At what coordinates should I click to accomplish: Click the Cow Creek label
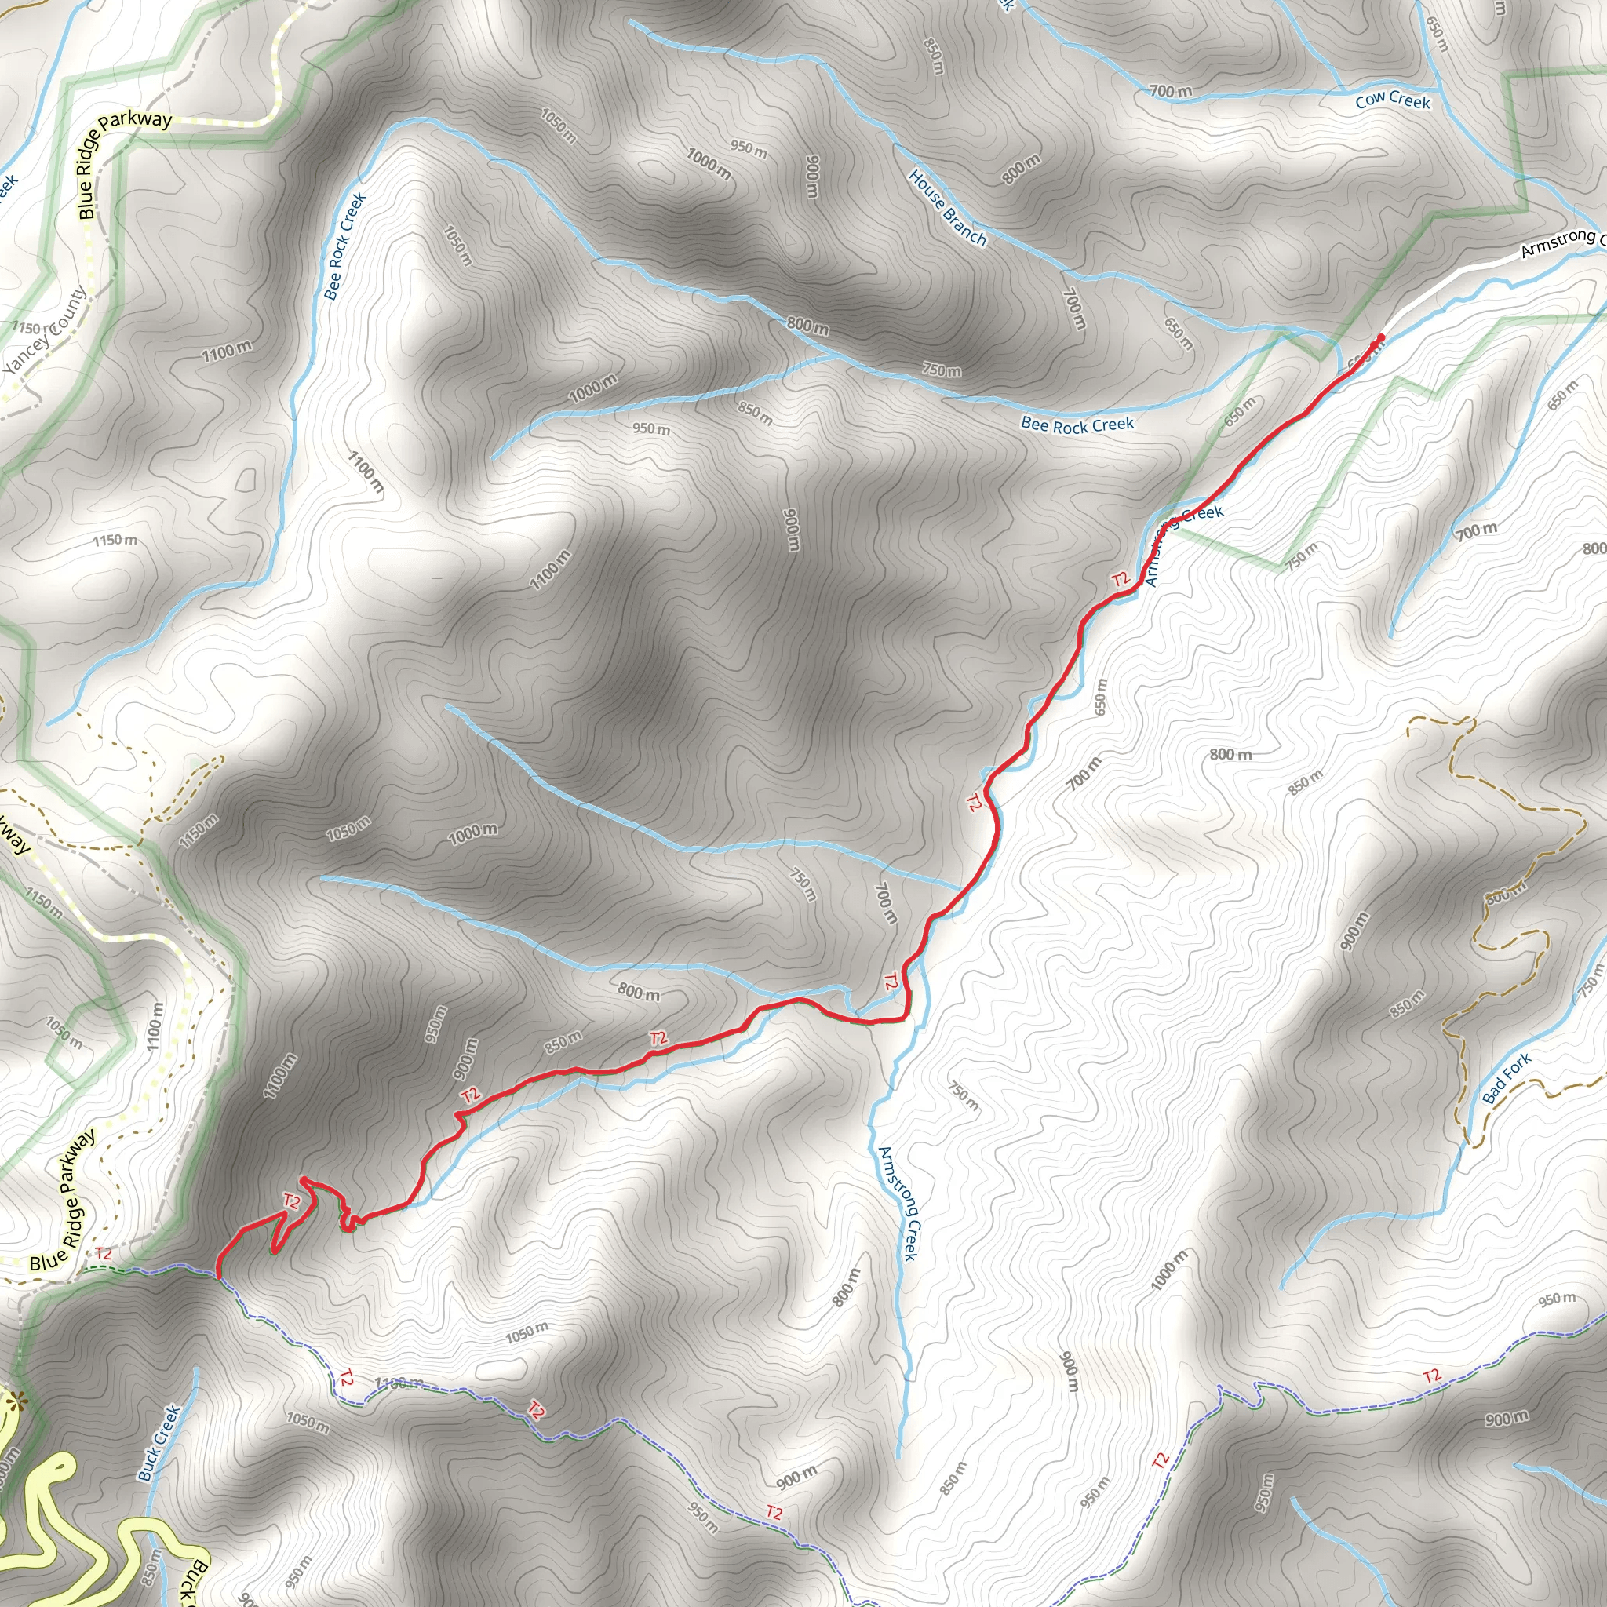1393,100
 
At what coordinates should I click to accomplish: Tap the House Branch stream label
947,208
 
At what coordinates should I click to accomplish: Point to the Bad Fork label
1507,1079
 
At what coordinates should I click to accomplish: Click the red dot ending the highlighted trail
1381,337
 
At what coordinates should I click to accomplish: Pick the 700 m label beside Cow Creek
1170,91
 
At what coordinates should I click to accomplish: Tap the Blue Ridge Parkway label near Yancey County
125,163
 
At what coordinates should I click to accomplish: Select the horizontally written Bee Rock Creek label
1077,425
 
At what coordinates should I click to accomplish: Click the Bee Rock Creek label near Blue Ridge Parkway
345,246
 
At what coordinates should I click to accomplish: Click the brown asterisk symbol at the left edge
14,1401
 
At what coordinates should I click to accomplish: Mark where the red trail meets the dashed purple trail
218,1277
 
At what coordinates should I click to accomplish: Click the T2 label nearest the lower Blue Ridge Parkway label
103,1253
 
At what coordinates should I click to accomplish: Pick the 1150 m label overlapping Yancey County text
29,328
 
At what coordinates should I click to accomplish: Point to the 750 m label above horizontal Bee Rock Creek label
941,370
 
